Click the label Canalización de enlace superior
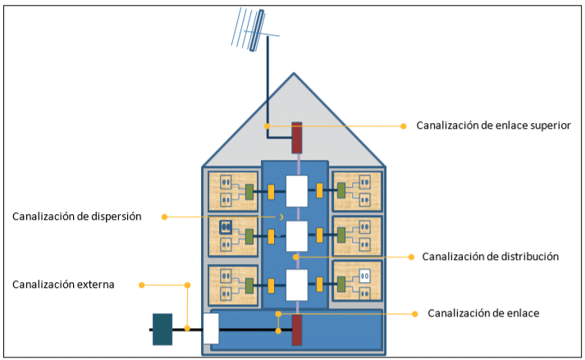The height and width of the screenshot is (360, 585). (x=493, y=125)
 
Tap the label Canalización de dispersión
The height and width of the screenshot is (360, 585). (x=77, y=216)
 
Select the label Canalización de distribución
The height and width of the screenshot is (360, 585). (x=491, y=257)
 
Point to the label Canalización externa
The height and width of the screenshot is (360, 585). (x=63, y=285)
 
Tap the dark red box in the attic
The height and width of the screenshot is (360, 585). (x=297, y=138)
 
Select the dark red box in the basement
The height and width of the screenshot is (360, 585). (x=297, y=329)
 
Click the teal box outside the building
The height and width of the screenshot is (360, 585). (x=162, y=329)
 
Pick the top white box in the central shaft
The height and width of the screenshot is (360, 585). (x=296, y=191)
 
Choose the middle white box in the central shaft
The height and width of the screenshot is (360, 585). (x=296, y=236)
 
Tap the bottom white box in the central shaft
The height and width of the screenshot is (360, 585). (x=296, y=285)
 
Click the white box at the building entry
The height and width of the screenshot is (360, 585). (x=211, y=328)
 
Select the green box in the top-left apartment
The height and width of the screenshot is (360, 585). (x=249, y=192)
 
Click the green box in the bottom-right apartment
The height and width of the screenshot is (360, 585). (x=342, y=284)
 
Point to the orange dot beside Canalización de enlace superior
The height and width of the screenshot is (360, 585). (x=403, y=126)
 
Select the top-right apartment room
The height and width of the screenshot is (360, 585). (x=357, y=191)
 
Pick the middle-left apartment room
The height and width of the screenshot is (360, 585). (x=232, y=236)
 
